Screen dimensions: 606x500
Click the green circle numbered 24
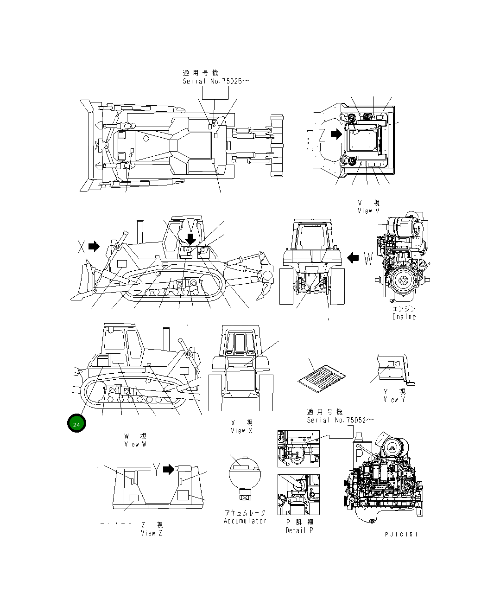(76, 424)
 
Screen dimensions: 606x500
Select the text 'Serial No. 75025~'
(215, 81)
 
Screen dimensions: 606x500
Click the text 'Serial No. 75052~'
(340, 420)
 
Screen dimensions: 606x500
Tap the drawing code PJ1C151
(401, 534)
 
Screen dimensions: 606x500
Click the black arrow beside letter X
(94, 246)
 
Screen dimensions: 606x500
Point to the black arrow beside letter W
(353, 258)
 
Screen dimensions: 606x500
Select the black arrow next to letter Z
(335, 134)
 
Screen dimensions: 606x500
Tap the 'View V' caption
(368, 211)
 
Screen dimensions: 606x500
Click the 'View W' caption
(135, 444)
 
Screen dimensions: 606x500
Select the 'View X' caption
(241, 431)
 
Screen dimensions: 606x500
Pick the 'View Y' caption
(394, 400)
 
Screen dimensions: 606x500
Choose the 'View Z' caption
(152, 533)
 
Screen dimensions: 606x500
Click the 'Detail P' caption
(299, 530)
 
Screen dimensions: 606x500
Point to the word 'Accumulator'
(245, 521)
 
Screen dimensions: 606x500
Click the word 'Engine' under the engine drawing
(404, 317)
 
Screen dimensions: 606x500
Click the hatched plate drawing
(322, 375)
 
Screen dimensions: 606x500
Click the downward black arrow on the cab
(190, 239)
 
